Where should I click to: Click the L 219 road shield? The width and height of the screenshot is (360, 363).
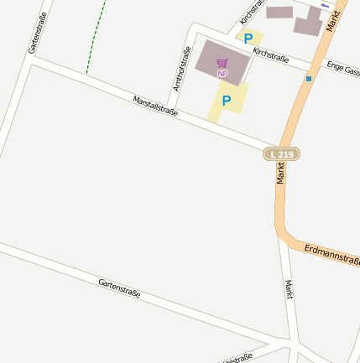click(x=281, y=154)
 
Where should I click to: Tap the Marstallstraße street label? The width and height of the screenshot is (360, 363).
click(x=156, y=106)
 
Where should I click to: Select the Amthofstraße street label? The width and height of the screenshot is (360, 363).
click(x=181, y=68)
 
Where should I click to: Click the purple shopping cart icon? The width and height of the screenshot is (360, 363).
click(x=222, y=63)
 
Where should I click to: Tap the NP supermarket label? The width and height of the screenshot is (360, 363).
click(x=222, y=74)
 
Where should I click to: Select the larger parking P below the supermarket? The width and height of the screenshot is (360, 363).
click(x=226, y=101)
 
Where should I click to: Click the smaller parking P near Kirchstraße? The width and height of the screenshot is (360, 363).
click(x=248, y=38)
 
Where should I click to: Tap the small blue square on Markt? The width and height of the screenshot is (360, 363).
click(x=309, y=79)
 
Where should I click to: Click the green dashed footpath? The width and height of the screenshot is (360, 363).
click(x=96, y=38)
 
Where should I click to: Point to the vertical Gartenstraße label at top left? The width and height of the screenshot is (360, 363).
click(x=36, y=34)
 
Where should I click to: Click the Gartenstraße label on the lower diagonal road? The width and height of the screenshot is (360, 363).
click(x=119, y=289)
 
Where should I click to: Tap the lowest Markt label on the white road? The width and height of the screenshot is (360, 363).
click(x=290, y=290)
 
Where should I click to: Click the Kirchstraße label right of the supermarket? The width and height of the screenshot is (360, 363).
click(x=270, y=56)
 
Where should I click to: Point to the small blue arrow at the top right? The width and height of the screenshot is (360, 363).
click(x=324, y=5)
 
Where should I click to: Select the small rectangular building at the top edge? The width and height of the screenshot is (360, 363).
click(x=280, y=13)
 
